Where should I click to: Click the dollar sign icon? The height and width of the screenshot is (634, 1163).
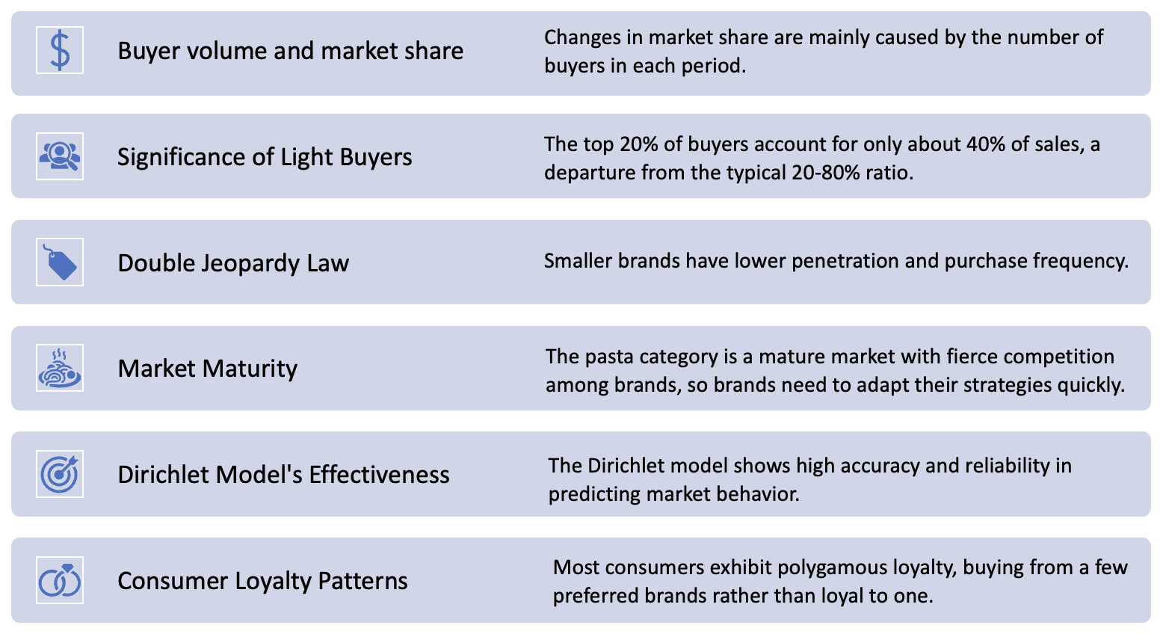pos(60,50)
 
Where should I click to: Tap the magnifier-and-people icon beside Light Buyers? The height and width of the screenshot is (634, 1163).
pos(60,156)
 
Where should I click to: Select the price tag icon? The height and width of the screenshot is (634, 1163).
pos(60,262)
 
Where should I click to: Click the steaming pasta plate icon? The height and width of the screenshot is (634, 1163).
pos(60,368)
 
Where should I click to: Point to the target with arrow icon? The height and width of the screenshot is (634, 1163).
pos(60,474)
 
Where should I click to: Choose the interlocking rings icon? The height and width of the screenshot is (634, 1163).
pos(60,580)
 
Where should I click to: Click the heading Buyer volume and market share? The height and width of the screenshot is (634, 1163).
pos(290,51)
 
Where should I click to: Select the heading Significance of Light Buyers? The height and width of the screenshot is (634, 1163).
pos(265,157)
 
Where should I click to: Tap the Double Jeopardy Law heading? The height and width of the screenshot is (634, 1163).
pos(233,263)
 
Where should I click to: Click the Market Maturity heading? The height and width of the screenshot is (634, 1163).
pos(208,369)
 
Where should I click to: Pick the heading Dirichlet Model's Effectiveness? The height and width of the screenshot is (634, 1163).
pos(283,475)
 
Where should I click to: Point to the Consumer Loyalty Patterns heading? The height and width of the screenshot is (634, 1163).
pos(262,581)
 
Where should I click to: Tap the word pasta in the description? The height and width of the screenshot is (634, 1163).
pos(606,357)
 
